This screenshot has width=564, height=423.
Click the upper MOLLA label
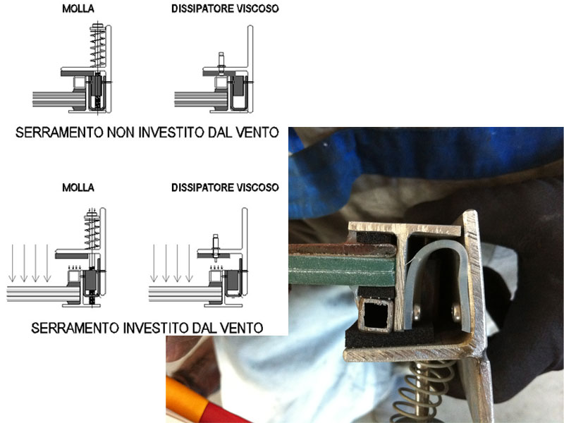[x=78, y=8]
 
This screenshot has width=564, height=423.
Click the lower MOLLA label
[x=78, y=188]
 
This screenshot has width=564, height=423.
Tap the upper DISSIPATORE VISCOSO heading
[x=225, y=8]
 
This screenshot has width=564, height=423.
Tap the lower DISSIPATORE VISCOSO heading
[x=225, y=188]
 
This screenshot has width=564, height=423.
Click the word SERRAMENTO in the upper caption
[x=59, y=133]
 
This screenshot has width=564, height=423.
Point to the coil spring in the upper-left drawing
[x=98, y=45]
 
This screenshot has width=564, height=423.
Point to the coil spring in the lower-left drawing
[x=92, y=231]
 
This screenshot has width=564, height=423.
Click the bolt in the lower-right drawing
[x=216, y=247]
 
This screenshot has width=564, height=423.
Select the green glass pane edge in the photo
[x=343, y=270]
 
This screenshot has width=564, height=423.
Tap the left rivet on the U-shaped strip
[x=417, y=313]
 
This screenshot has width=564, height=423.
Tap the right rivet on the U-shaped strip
[x=456, y=312]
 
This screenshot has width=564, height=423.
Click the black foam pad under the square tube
[x=388, y=338]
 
